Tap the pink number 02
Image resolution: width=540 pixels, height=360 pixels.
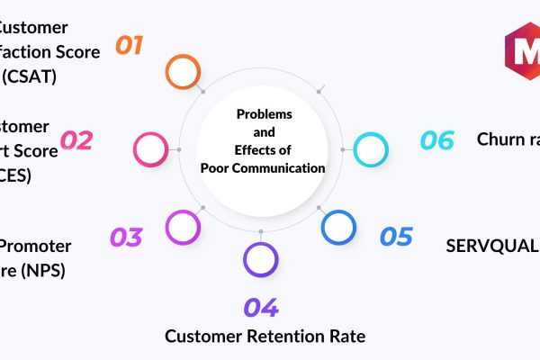coord(76,140)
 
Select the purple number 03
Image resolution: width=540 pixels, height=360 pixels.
coord(126,237)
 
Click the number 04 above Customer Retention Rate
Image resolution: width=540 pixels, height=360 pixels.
coord(261,308)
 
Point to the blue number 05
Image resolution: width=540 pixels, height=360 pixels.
coord(396,237)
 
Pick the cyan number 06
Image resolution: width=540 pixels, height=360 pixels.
coord(437,140)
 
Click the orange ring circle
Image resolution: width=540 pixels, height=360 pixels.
coord(183,71)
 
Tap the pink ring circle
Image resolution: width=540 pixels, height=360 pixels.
coord(149,148)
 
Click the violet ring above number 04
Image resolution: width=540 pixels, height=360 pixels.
coord(261,259)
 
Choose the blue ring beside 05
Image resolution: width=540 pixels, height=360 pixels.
coord(338,227)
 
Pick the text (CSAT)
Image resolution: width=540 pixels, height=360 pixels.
coord(29,76)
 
